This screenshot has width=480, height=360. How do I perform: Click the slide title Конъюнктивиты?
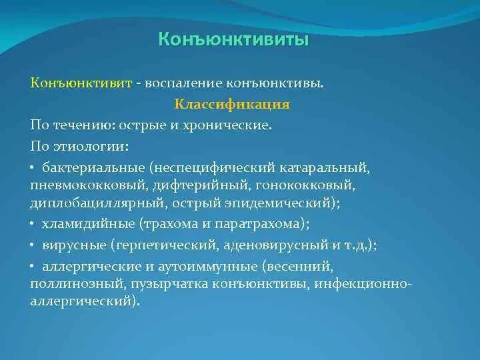[233, 39]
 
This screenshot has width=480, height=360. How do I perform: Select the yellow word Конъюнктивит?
[81, 83]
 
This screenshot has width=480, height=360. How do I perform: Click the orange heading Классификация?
[232, 105]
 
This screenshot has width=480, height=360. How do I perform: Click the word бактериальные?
[93, 168]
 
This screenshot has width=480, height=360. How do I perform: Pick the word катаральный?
[324, 168]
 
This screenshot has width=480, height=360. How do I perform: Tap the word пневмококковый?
[87, 185]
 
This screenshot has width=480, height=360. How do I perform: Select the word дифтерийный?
[200, 185]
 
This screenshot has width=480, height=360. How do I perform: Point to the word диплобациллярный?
[97, 203]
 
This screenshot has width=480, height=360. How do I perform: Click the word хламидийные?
[88, 224]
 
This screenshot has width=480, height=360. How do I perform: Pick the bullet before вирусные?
[32, 245]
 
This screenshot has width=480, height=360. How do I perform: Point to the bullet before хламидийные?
[32, 224]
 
